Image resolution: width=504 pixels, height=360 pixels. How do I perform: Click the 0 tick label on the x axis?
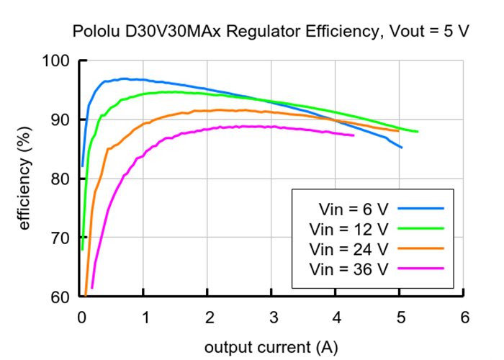click(x=81, y=317)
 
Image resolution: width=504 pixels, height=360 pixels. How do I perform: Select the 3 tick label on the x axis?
click(x=273, y=317)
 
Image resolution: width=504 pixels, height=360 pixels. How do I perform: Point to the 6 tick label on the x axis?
click(x=464, y=317)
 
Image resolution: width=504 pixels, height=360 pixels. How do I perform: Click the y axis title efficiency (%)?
click(x=25, y=178)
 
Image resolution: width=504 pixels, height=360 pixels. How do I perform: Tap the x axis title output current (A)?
click(x=270, y=347)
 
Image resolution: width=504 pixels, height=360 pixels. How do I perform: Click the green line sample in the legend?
click(x=420, y=229)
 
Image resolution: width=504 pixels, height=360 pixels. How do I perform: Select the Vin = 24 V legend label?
click(x=348, y=249)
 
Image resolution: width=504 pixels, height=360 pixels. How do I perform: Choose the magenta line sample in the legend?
click(x=420, y=269)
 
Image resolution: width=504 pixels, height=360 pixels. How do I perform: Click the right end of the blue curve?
click(x=401, y=148)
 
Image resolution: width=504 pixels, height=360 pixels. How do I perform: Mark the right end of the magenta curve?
click(x=354, y=135)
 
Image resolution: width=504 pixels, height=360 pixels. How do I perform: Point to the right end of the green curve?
click(x=417, y=132)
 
